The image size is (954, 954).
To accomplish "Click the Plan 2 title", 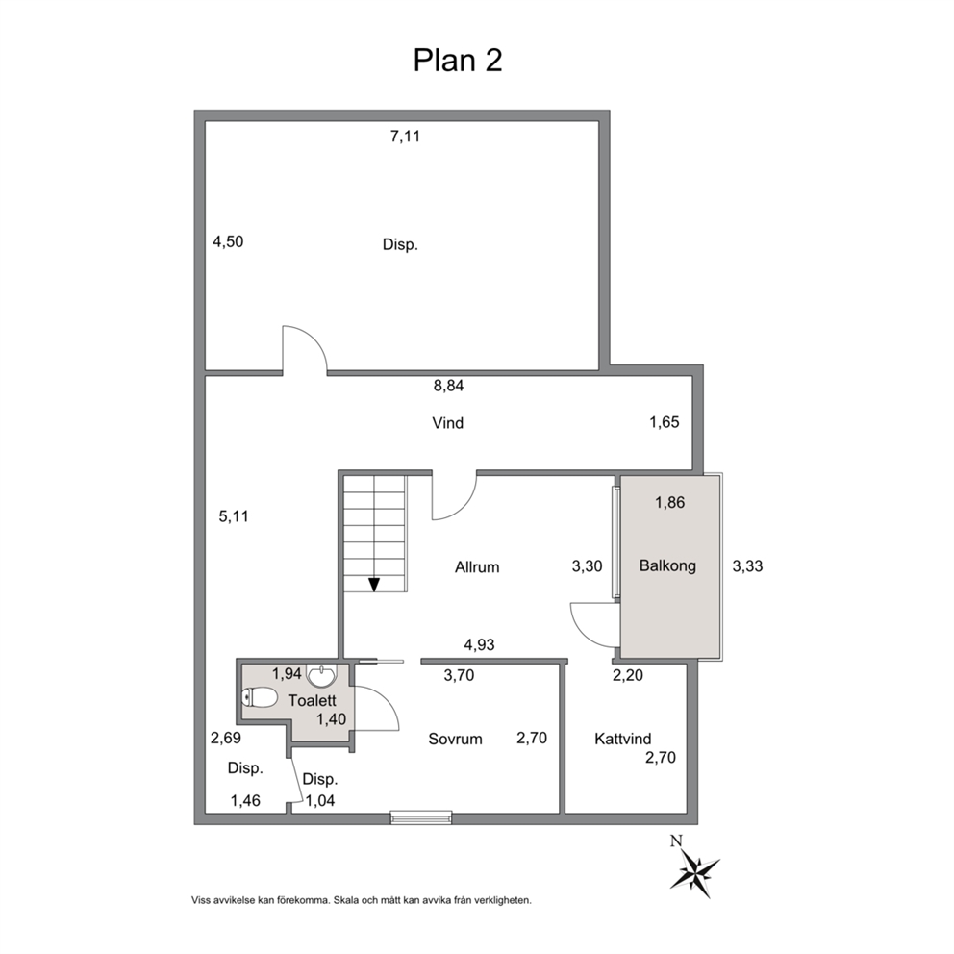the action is point(458,61).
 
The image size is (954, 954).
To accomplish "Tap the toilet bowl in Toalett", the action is point(260,698).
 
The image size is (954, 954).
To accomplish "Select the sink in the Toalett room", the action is point(321,675).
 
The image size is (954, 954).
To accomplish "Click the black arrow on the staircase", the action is point(374,584).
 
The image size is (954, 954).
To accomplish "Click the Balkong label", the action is point(667,565).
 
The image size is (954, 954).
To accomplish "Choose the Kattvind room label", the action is point(623,739).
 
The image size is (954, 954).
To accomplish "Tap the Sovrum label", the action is point(455,739).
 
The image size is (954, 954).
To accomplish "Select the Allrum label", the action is point(477,567).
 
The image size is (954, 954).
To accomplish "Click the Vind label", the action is point(448,423).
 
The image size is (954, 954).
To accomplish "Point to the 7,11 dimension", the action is point(405,137).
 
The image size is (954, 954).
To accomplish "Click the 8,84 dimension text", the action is point(448,386).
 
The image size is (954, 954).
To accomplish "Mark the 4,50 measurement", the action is point(228,241).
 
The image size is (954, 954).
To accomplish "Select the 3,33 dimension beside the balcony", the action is point(748,565).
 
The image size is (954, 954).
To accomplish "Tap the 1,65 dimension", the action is point(665,422).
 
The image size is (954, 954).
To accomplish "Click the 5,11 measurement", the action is point(234,516).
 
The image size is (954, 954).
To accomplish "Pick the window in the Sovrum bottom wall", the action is point(421,817).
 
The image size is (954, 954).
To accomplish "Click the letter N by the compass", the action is point(675,841).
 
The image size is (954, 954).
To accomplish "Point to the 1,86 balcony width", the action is point(670,503).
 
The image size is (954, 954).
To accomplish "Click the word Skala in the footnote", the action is point(343,900).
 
